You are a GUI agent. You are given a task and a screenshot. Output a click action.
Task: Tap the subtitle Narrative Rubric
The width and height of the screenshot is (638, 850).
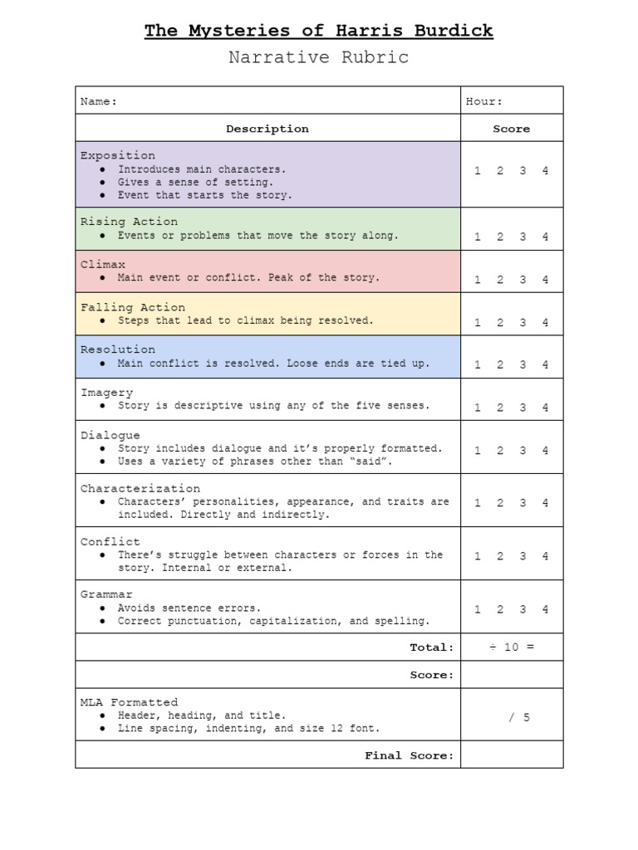[318, 57]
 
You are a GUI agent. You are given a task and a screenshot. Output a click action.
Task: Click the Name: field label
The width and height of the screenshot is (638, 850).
[99, 101]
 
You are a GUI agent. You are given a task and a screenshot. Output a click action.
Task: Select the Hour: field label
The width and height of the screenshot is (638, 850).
[483, 101]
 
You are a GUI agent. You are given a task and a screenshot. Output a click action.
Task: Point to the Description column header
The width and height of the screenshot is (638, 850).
[267, 129]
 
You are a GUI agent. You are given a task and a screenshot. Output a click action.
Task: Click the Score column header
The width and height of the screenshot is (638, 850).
[511, 129]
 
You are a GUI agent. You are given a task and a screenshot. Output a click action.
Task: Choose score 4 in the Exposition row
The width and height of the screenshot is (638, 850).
[545, 171]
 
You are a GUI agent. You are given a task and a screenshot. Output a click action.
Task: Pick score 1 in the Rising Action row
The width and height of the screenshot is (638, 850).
[478, 237]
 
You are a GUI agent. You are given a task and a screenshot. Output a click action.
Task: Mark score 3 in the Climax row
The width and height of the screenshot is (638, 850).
[523, 280]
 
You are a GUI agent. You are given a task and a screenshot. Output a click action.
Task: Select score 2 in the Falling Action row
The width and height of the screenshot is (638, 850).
[500, 323]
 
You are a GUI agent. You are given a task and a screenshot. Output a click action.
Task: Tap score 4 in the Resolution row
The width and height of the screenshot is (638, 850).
[545, 364]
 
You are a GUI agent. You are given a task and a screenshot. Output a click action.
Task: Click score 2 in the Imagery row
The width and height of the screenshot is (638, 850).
[500, 408]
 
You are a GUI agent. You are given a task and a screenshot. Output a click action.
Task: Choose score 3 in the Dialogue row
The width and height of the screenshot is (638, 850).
[523, 451]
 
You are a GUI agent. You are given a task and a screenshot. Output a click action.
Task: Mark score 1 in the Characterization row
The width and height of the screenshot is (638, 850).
[478, 503]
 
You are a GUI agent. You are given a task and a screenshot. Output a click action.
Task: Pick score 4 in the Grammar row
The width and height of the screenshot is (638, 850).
[545, 609]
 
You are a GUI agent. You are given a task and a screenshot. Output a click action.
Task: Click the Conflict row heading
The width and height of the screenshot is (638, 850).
[110, 541]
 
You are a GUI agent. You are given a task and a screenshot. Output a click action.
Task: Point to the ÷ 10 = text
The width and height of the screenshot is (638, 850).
[511, 647]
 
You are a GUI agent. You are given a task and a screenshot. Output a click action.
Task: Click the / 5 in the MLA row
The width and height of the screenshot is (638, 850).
[519, 717]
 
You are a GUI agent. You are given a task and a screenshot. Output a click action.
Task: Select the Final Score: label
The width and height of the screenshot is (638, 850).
[410, 755]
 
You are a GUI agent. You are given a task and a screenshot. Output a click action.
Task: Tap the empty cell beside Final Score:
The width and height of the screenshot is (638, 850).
[511, 755]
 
